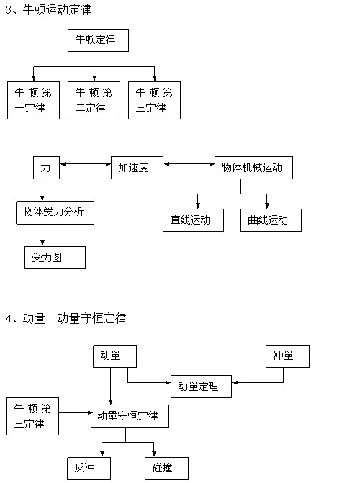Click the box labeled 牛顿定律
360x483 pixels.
click(x=98, y=40)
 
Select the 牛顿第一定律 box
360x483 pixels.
click(x=33, y=101)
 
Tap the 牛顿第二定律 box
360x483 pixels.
click(x=94, y=101)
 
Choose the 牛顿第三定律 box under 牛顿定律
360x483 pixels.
click(x=154, y=101)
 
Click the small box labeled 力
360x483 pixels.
click(x=46, y=168)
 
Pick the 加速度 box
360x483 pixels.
click(x=137, y=168)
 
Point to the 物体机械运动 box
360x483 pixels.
click(x=253, y=168)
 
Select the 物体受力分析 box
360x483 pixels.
click(x=55, y=212)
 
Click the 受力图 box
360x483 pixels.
click(x=55, y=258)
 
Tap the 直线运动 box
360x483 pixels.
click(x=193, y=220)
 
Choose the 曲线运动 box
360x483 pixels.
click(x=271, y=220)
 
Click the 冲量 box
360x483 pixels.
click(x=287, y=356)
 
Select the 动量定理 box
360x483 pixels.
click(x=201, y=387)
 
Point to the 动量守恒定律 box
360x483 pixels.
click(x=130, y=416)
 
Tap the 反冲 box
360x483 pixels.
click(x=89, y=469)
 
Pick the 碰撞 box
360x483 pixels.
click(x=166, y=469)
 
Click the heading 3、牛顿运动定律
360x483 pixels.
click(x=48, y=10)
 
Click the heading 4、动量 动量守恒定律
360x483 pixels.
click(x=66, y=318)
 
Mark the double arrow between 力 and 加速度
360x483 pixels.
click(x=86, y=164)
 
